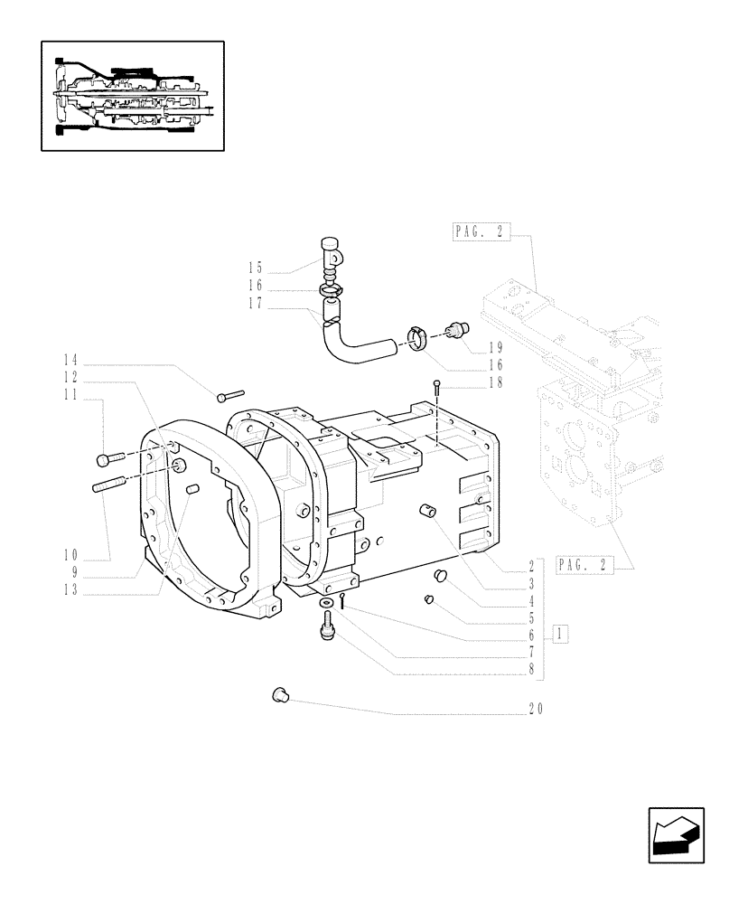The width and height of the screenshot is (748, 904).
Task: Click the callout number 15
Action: pos(255,268)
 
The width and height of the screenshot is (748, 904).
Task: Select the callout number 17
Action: pos(255,305)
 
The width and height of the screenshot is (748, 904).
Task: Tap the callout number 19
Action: pos(496,346)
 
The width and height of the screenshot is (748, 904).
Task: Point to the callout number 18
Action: pos(496,382)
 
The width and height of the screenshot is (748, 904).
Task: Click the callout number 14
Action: pos(70,358)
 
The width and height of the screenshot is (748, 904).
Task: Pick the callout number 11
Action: pos(70,395)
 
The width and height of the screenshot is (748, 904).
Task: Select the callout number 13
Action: pos(70,589)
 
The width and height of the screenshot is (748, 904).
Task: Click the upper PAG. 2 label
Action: pos(479,232)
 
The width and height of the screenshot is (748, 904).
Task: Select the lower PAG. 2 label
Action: pos(584,565)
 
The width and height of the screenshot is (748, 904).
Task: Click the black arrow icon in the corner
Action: pos(675,833)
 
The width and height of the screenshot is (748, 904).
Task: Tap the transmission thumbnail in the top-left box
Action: pos(132,95)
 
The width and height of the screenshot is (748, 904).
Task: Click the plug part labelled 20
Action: pos(279,694)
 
